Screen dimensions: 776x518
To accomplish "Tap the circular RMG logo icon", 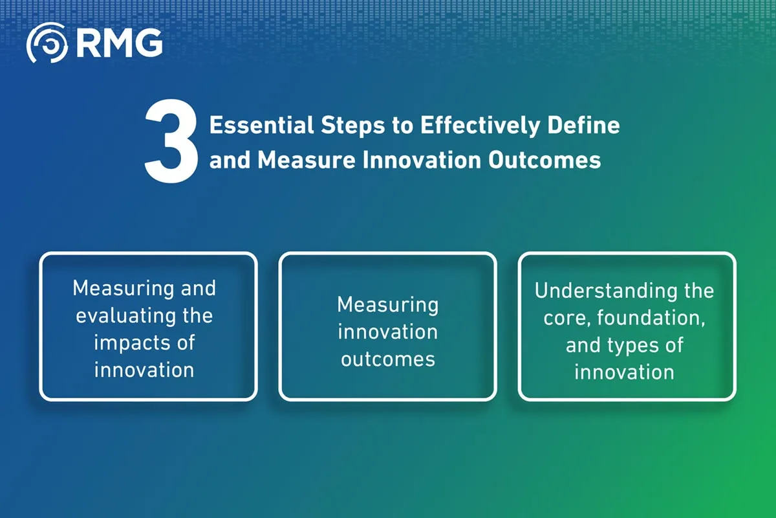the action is [47, 43].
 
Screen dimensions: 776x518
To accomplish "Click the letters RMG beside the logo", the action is [120, 43].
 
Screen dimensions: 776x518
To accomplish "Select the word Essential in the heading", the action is [261, 125].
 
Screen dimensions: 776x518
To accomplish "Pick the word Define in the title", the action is [584, 125].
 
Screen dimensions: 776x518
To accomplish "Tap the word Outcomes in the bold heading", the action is [544, 161].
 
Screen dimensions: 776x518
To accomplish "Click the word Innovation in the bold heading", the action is [422, 161].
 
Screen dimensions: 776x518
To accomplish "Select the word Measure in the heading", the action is [307, 161].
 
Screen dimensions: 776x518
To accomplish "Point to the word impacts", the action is [132, 343].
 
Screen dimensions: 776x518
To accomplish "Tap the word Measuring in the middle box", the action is [387, 305].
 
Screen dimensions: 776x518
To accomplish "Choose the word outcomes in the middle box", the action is [387, 359].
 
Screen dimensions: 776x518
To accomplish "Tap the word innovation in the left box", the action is [144, 370].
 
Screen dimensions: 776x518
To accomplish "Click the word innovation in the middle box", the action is [387, 332].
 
